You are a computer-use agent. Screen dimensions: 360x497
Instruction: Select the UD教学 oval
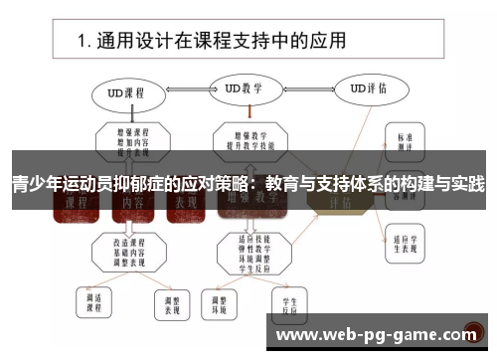(x=244, y=89)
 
